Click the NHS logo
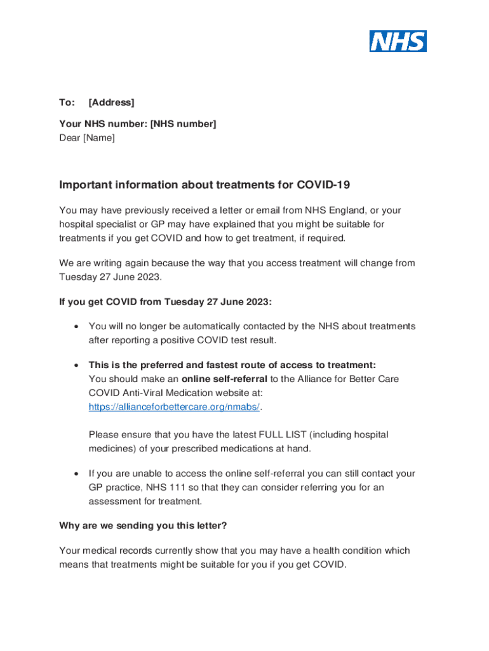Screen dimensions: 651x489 tap(398, 41)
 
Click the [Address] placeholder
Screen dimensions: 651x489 tap(111, 102)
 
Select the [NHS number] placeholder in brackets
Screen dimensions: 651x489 tap(183, 124)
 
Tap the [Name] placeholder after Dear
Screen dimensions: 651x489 tap(99, 137)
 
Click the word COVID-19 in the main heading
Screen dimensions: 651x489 tap(323, 185)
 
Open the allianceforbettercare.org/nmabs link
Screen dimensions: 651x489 tap(174, 407)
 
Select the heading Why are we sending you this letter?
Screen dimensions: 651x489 tap(143, 526)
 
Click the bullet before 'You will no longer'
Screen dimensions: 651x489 tap(76, 327)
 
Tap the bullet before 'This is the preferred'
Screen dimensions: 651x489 tap(76, 366)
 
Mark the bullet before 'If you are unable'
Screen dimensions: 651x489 tap(76, 474)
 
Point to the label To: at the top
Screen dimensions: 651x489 tap(67, 102)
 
